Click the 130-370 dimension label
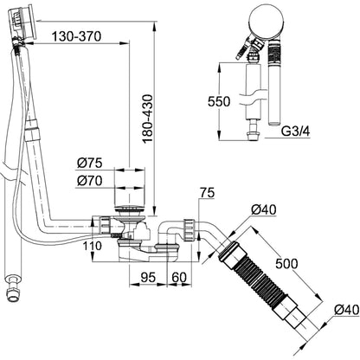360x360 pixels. pyautogui.click(x=76, y=36)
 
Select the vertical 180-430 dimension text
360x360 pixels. pyautogui.click(x=148, y=119)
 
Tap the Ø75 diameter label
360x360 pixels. pyautogui.click(x=90, y=163)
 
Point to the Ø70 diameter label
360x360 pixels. pyautogui.click(x=90, y=181)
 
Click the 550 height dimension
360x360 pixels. pyautogui.click(x=219, y=101)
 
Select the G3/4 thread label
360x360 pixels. pyautogui.click(x=295, y=132)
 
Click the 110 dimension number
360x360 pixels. pyautogui.click(x=93, y=246)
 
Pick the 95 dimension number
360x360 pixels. pyautogui.click(x=148, y=278)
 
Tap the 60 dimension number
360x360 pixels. pyautogui.click(x=179, y=278)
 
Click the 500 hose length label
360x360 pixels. pyautogui.click(x=286, y=264)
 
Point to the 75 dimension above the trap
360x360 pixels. pyautogui.click(x=208, y=193)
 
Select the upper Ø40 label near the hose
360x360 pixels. pyautogui.click(x=263, y=209)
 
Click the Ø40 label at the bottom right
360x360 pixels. pyautogui.click(x=347, y=310)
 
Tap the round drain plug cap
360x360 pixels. pyautogui.click(x=129, y=209)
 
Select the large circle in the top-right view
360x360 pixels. pyautogui.click(x=267, y=22)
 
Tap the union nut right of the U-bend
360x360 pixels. pyautogui.click(x=189, y=229)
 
